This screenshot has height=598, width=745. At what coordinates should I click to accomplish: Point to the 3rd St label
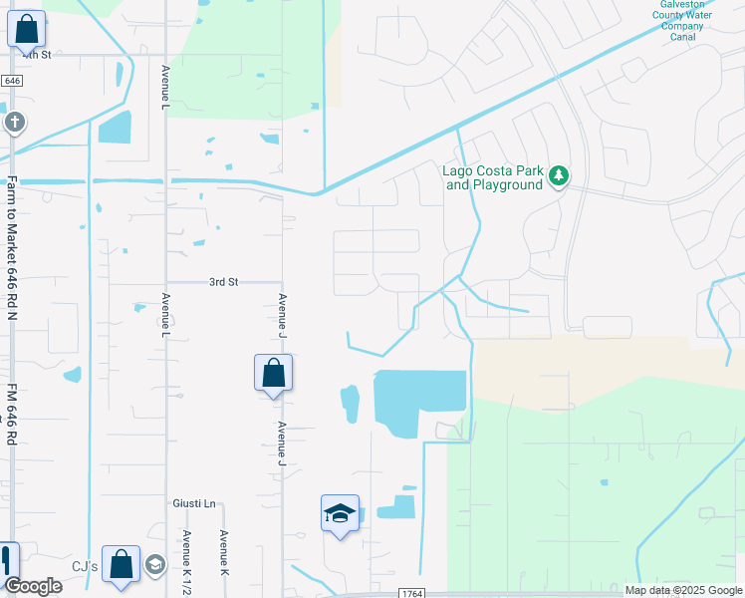coord(224,282)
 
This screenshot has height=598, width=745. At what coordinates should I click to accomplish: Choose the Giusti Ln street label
coord(194,503)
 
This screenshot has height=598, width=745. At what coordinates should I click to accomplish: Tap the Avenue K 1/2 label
coord(186,554)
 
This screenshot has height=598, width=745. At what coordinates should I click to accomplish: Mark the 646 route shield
coord(12,80)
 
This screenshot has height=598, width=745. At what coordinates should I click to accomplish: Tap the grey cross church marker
coord(14,123)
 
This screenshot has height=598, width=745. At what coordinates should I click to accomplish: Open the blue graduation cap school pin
coord(340,514)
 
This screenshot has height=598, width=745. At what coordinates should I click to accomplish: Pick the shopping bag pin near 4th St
coord(26,30)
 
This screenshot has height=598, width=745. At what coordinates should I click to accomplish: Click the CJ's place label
coord(85,566)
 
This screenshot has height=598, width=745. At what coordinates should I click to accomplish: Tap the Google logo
coord(33,586)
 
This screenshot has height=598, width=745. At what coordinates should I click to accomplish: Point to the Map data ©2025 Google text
coord(683,590)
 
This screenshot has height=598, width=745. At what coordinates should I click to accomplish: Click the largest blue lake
coord(419,399)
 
